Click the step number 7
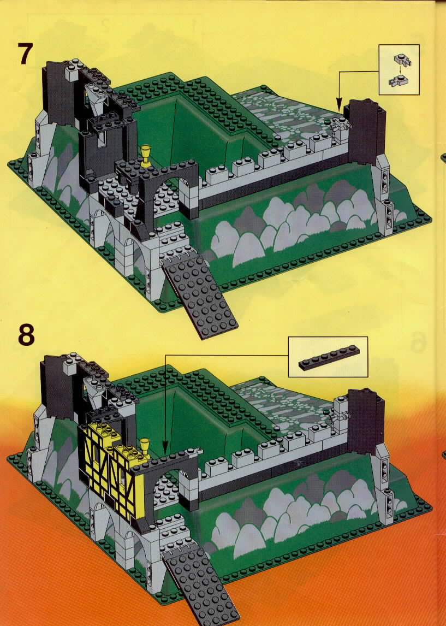pyautogui.click(x=25, y=54)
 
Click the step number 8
pyautogui.click(x=26, y=335)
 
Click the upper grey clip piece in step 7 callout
pyautogui.click(x=402, y=60)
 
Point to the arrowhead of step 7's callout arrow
pyautogui.click(x=338, y=109)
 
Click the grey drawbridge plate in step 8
pyautogui.click(x=199, y=587)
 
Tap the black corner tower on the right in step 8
pyautogui.click(x=365, y=421)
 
